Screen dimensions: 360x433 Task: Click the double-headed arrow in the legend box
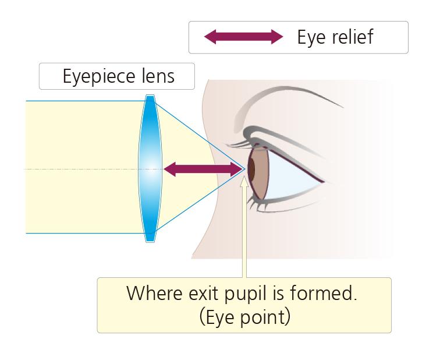click(243, 37)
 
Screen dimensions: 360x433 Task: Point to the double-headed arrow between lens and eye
click(203, 170)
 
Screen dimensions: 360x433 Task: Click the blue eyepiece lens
click(150, 169)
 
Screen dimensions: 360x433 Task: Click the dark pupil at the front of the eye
click(252, 169)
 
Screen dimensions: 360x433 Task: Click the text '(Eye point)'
click(244, 318)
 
